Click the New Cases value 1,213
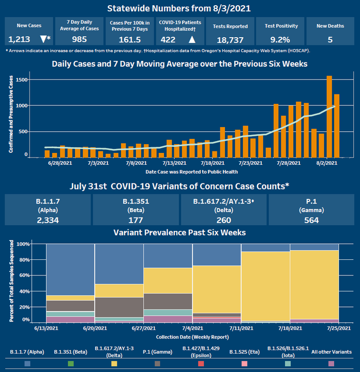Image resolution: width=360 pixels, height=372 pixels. point(19,39)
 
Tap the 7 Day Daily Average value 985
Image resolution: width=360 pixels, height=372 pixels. point(76,39)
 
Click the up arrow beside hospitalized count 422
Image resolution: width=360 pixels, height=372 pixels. point(192,39)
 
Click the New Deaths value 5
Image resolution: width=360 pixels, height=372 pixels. point(330,39)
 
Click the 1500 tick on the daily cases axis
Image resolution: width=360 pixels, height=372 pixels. point(22,80)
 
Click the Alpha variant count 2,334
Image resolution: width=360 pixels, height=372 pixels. point(48,220)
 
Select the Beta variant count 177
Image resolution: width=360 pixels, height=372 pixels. point(136,220)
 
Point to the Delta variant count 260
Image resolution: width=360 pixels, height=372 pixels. point(224,220)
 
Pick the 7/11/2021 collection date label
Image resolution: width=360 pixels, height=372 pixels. point(242,328)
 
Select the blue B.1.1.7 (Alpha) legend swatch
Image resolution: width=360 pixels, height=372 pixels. point(27,364)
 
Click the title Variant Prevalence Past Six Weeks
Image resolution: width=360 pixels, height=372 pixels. point(179,233)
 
